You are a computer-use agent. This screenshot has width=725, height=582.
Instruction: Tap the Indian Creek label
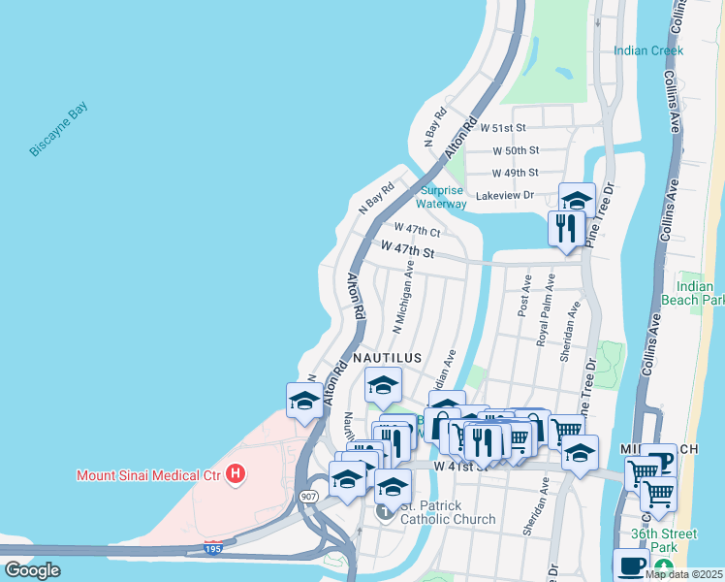(647, 50)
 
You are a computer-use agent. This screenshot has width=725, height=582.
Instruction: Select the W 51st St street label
(503, 127)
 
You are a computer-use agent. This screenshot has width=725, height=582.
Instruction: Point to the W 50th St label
(515, 150)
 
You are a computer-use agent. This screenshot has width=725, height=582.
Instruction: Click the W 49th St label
(515, 173)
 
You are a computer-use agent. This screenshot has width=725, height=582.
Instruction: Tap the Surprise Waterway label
(441, 197)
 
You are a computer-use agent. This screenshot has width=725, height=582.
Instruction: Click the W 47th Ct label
(417, 230)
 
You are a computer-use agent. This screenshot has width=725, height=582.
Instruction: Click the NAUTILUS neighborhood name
(387, 358)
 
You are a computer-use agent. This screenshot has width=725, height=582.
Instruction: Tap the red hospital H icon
(234, 474)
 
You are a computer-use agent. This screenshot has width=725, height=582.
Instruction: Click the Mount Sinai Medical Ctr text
(148, 475)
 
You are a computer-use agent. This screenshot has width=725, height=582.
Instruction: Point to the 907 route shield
(308, 497)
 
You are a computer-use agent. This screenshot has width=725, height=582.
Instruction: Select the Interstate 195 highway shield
(214, 548)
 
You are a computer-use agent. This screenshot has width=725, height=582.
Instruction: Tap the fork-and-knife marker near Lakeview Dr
(564, 229)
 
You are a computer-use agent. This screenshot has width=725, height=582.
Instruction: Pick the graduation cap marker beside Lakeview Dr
(577, 201)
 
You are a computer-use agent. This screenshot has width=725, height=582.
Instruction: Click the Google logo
(31, 570)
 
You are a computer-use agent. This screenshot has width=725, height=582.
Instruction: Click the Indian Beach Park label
(700, 293)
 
